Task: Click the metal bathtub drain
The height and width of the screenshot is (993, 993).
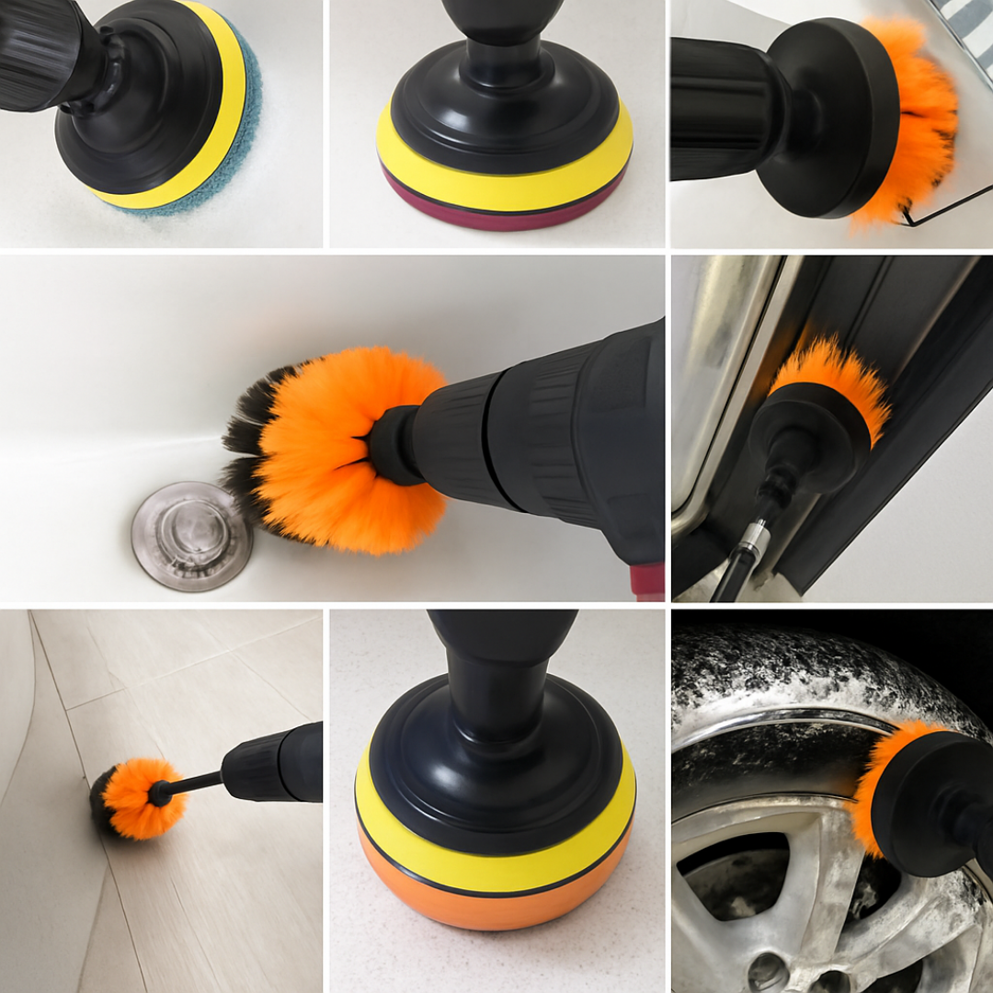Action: (x=191, y=535)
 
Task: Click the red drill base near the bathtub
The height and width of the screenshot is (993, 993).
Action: (x=646, y=581)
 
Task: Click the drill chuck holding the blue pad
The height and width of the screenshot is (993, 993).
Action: (x=41, y=55)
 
